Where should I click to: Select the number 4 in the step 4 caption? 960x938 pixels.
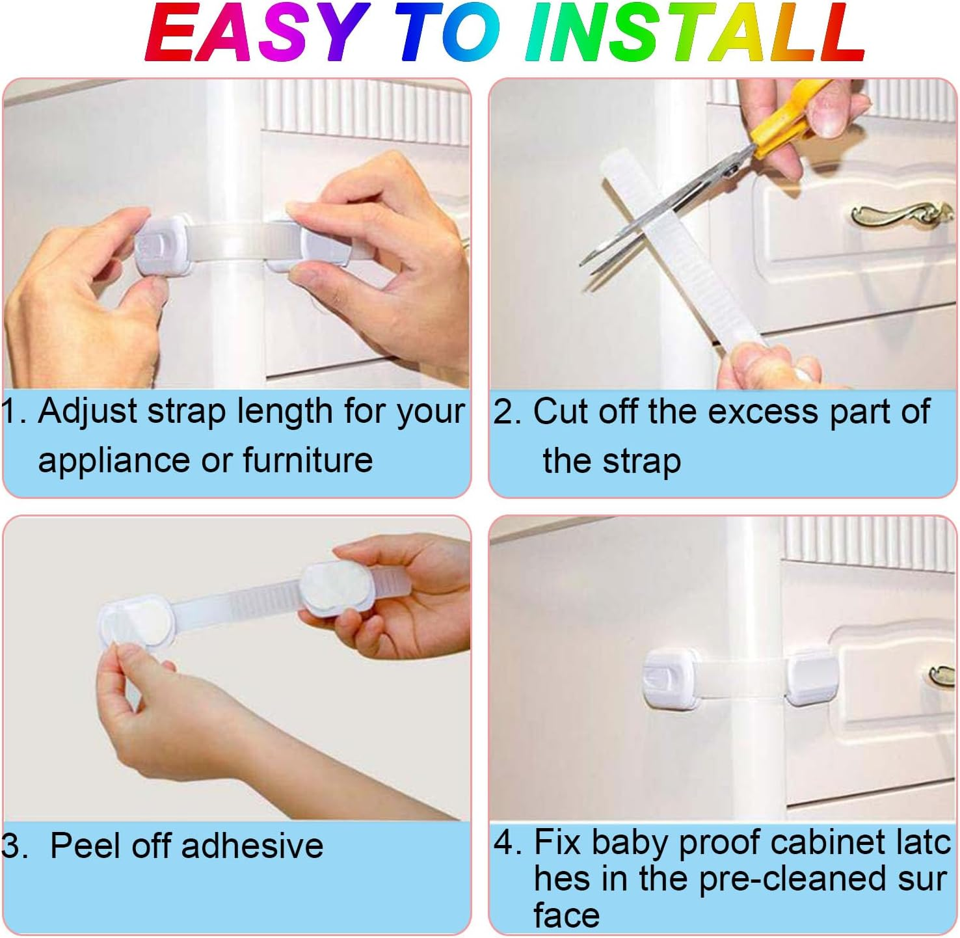pyautogui.click(x=505, y=842)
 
